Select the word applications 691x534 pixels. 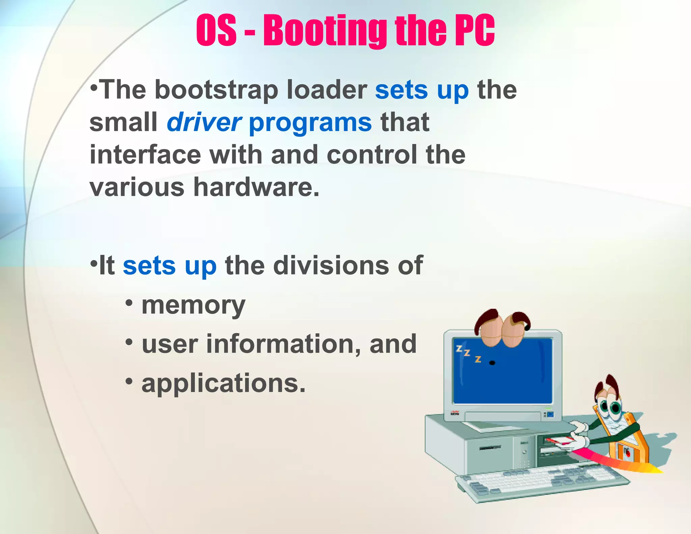pos(223,384)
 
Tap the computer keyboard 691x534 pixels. pos(540,481)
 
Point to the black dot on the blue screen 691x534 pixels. pos(492,363)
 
